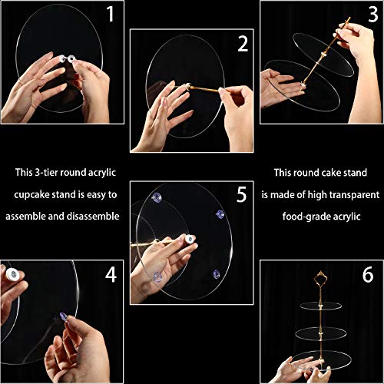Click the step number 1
[111, 15]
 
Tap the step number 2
[243, 44]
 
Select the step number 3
[373, 15]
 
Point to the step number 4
[111, 275]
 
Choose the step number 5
[242, 194]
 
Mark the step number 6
[368, 275]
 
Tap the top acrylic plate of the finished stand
[321, 306]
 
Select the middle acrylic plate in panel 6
[321, 333]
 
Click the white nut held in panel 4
[12, 274]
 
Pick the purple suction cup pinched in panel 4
[63, 317]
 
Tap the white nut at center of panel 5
[190, 240]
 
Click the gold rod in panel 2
[204, 89]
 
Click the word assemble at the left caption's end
[25, 217]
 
